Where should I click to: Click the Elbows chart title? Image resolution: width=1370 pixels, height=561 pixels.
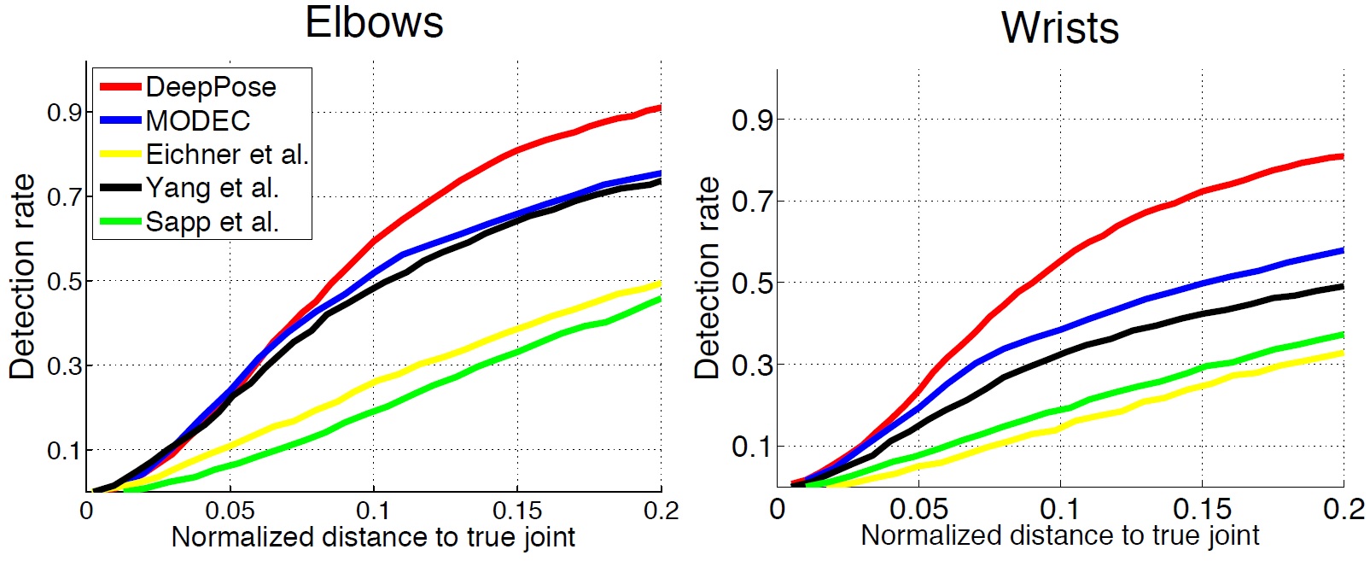pos(374,22)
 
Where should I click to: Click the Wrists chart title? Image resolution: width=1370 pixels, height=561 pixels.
pos(1059,27)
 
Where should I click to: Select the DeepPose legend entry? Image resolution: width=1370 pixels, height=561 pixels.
pos(210,87)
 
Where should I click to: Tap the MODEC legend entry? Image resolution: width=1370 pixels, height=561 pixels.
pos(197,120)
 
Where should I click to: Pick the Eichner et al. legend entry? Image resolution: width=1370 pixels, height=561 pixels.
pos(226,155)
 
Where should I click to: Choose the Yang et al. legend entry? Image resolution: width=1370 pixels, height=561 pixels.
pos(212,188)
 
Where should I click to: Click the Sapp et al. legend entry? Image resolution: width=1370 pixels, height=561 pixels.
pos(212,222)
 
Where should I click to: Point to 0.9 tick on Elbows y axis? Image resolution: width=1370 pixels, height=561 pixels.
pos(64,113)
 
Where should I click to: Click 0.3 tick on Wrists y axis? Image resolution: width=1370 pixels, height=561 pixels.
pos(751,365)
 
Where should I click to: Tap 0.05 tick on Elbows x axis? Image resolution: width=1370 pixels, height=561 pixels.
pos(230,511)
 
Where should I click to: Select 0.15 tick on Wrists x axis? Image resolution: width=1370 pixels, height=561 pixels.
pos(1202,510)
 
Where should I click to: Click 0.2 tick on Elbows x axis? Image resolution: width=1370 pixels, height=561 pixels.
pos(662,511)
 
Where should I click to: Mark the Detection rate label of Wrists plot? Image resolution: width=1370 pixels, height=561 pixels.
pos(708,278)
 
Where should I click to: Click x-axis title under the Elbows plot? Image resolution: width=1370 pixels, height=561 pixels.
pos(373,537)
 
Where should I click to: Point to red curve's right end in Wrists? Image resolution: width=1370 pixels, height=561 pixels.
pos(1343,156)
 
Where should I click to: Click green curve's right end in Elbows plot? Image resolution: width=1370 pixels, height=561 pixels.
pos(660,299)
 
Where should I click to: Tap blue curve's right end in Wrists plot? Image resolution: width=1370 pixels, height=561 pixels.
pos(1343,251)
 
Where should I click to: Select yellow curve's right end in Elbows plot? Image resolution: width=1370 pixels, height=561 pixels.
pos(660,283)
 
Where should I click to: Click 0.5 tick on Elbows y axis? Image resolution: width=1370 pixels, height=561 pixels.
pos(64,281)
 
